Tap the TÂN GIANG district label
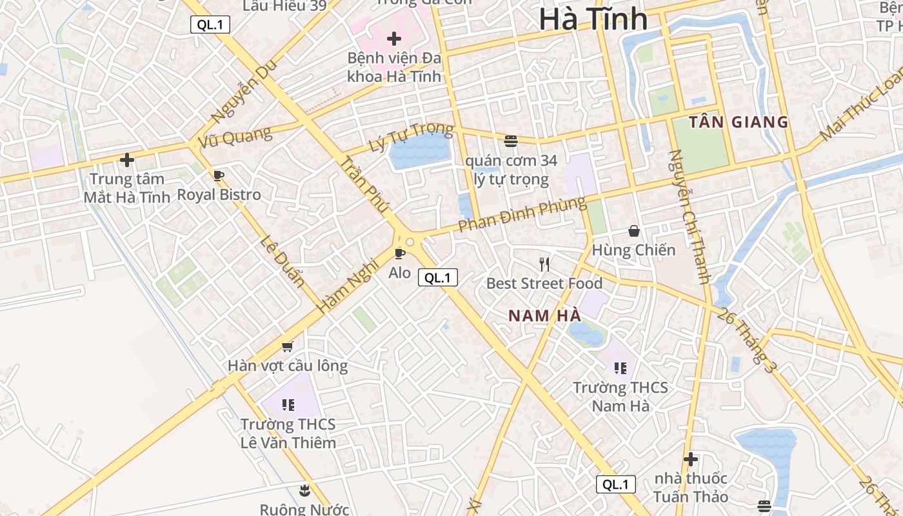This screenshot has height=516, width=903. (739, 122)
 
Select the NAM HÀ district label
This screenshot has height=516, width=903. (545, 315)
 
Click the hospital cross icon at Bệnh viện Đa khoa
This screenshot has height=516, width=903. (394, 39)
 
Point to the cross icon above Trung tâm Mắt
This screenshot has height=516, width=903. (127, 159)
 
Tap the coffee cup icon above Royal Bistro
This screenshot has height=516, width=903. (219, 175)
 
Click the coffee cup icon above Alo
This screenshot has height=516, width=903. (399, 253)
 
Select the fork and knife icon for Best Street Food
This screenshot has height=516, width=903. (544, 264)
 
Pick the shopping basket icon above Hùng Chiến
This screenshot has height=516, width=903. (634, 230)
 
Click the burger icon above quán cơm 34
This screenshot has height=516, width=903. (511, 140)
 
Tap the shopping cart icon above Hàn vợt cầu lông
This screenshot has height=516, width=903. (288, 346)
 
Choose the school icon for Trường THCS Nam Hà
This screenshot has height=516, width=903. (620, 368)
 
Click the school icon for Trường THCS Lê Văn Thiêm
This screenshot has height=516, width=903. (288, 405)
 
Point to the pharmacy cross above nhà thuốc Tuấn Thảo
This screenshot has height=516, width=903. (691, 459)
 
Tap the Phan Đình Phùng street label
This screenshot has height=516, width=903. (522, 215)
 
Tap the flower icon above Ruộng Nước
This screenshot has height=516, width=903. (304, 490)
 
